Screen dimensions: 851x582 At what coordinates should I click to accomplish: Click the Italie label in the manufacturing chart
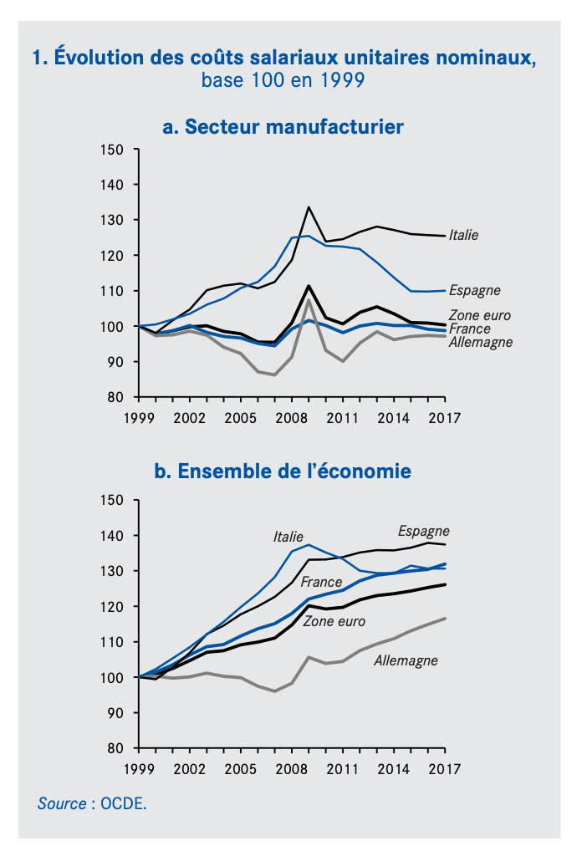[463, 236]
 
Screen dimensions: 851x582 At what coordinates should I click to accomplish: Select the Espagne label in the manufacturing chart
[474, 291]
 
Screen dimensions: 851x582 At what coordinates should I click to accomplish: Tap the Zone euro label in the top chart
[480, 315]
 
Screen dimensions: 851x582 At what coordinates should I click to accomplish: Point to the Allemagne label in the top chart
[481, 342]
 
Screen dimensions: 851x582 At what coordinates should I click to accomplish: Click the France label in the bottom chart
[321, 582]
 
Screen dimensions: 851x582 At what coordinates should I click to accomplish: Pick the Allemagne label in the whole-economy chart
[406, 660]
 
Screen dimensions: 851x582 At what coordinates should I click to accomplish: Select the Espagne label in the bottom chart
[423, 531]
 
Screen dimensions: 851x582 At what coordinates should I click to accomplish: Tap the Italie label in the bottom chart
[288, 537]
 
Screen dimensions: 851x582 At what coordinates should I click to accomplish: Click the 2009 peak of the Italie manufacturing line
[309, 206]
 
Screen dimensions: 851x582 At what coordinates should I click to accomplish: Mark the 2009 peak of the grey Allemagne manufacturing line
[309, 299]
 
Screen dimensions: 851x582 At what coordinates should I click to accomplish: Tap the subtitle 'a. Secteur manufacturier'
[283, 127]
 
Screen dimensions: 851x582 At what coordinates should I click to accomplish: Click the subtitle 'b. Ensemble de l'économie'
[283, 471]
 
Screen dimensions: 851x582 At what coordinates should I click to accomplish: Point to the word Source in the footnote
[61, 803]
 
